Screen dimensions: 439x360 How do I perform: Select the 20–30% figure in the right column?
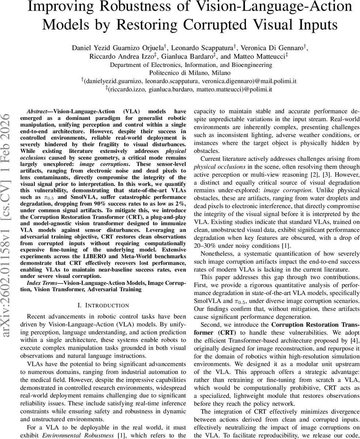pyautogui.click(x=206, y=245)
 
